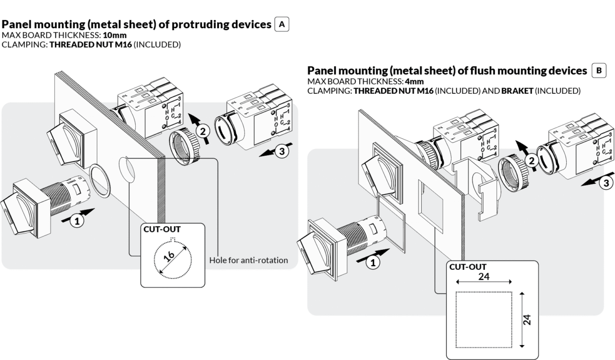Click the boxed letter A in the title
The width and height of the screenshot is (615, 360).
pos(282,24)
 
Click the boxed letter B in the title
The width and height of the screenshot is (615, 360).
pos(598,70)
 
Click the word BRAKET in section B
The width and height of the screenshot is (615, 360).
pos(517,91)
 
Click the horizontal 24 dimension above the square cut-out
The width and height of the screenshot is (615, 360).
pos(483,277)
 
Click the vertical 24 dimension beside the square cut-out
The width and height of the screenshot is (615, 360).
pos(528,320)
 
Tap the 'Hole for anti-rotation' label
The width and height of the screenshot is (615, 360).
pos(249,260)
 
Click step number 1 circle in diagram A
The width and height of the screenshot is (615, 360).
pos(77,221)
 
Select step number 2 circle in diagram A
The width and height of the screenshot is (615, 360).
pos(203,132)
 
